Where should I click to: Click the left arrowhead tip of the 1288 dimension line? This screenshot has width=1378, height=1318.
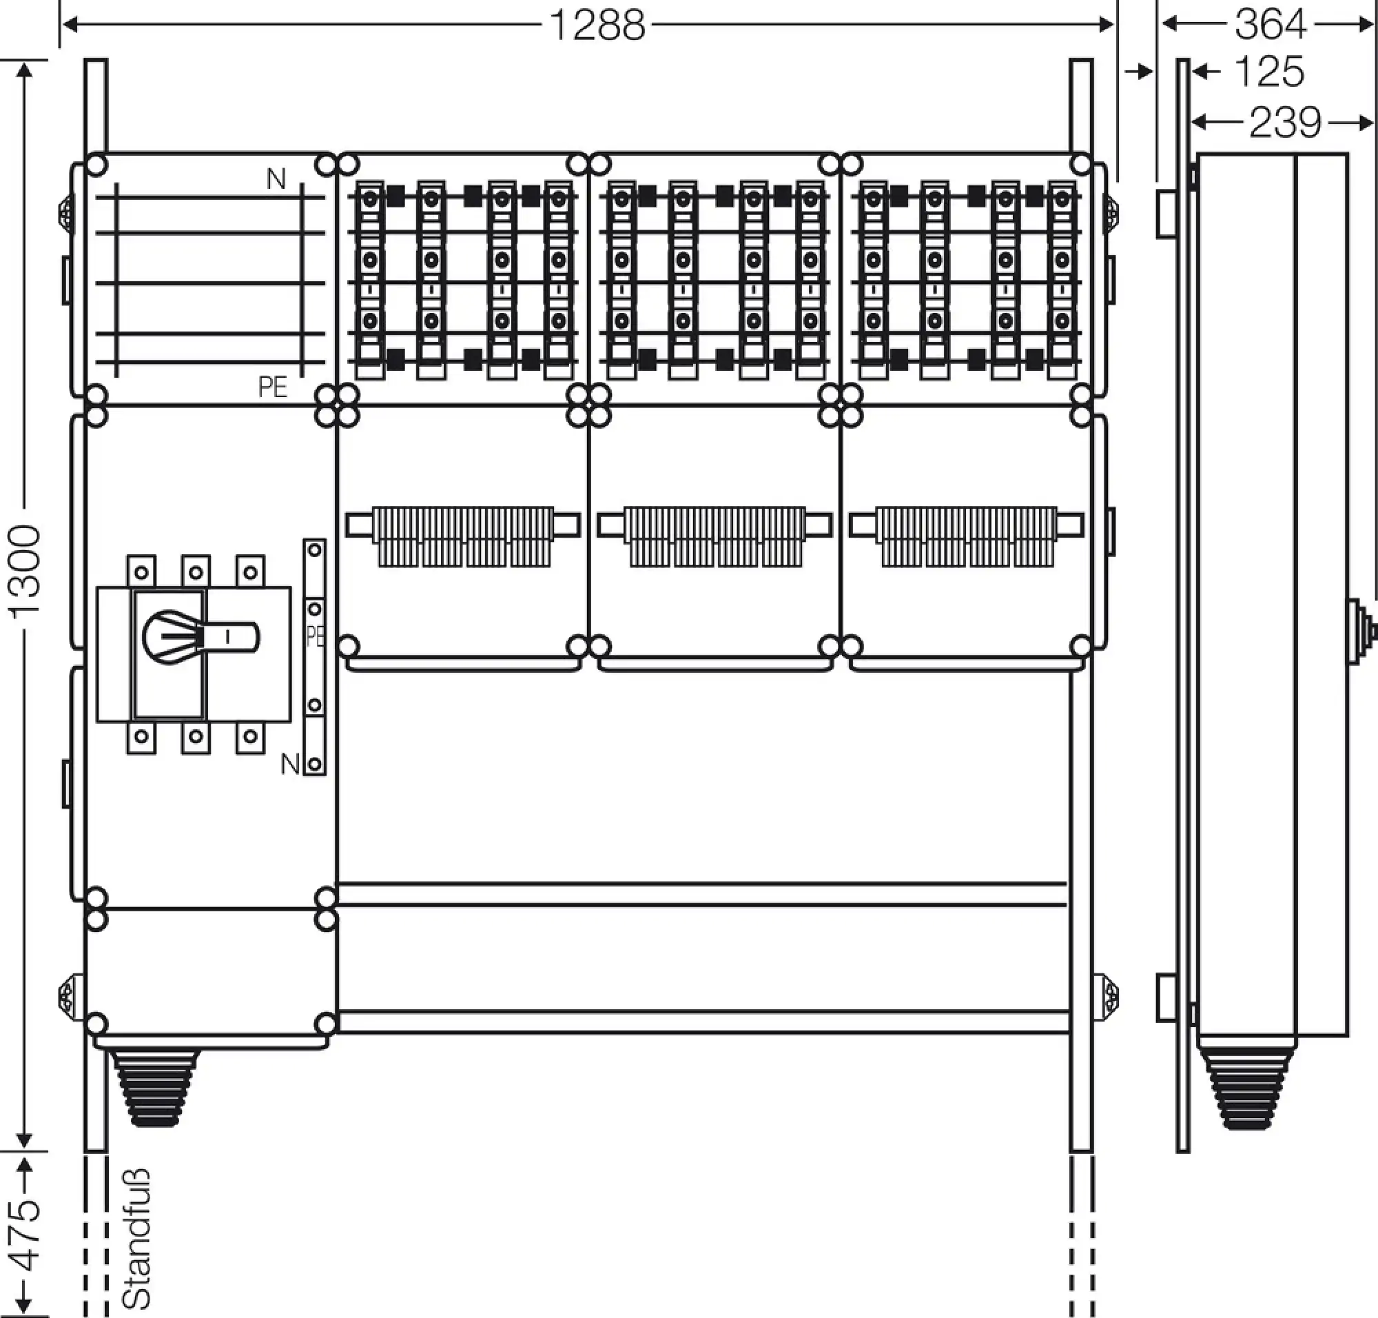[x=63, y=26]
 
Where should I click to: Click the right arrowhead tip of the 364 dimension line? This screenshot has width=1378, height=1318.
[x=1373, y=25]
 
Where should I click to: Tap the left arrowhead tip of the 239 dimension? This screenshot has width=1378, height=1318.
[x=1192, y=123]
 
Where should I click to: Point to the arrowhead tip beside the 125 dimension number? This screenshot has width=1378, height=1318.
[x=1192, y=71]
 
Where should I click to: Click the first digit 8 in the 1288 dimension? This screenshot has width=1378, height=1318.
[x=608, y=26]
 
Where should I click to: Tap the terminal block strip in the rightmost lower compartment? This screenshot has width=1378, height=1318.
[x=967, y=536]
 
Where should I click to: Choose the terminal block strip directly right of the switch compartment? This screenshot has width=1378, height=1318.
[x=463, y=536]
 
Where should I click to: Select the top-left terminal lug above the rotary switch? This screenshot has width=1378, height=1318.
[x=141, y=571]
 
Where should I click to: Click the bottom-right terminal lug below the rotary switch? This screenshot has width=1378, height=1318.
[x=251, y=737]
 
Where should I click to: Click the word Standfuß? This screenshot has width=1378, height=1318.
[x=137, y=1239]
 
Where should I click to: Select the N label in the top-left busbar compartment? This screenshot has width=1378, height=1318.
[x=276, y=180]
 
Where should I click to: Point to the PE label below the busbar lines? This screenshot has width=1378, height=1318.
[x=273, y=387]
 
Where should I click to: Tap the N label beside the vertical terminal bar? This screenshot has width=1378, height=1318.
[x=290, y=763]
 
